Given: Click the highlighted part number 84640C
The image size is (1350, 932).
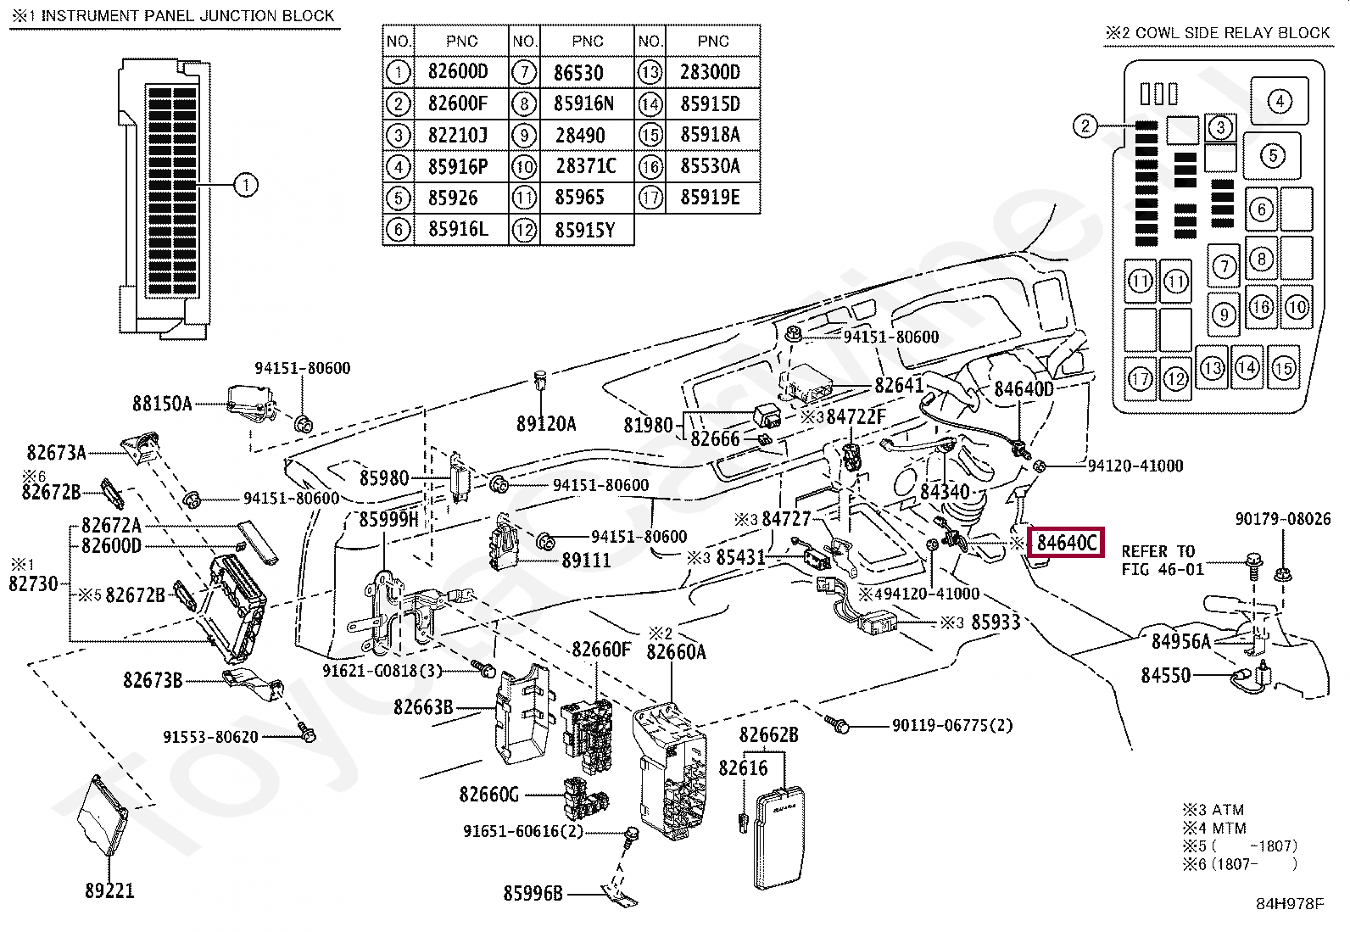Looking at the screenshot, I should [x=1066, y=543].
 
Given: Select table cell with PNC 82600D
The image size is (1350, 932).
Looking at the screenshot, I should [x=458, y=72].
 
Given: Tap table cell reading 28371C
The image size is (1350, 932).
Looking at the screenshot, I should [x=586, y=166].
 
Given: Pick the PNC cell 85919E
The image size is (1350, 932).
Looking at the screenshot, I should [x=710, y=198].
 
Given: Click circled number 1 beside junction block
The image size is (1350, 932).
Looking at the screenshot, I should [x=245, y=185].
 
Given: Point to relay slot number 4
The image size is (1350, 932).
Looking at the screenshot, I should [x=1279, y=102].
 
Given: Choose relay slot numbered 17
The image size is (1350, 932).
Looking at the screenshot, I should [x=1141, y=378].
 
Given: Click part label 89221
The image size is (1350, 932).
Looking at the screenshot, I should [x=109, y=891].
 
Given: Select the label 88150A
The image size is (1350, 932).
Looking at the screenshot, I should [x=162, y=404].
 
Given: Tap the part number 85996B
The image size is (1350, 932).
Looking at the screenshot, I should [x=533, y=893].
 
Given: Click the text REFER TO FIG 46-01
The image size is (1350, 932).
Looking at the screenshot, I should [x=1162, y=561].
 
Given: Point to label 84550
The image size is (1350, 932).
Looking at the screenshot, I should [x=1165, y=676].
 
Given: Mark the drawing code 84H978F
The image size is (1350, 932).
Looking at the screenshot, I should [x=1289, y=903].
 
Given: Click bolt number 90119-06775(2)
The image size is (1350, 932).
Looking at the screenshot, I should [x=951, y=726].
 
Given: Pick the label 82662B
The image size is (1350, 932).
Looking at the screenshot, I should [x=768, y=735].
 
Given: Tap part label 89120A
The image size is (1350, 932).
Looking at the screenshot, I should [x=546, y=423].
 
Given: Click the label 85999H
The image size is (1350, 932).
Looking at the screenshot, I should [x=388, y=518].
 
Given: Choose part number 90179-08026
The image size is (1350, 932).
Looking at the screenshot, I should [x=1282, y=519].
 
